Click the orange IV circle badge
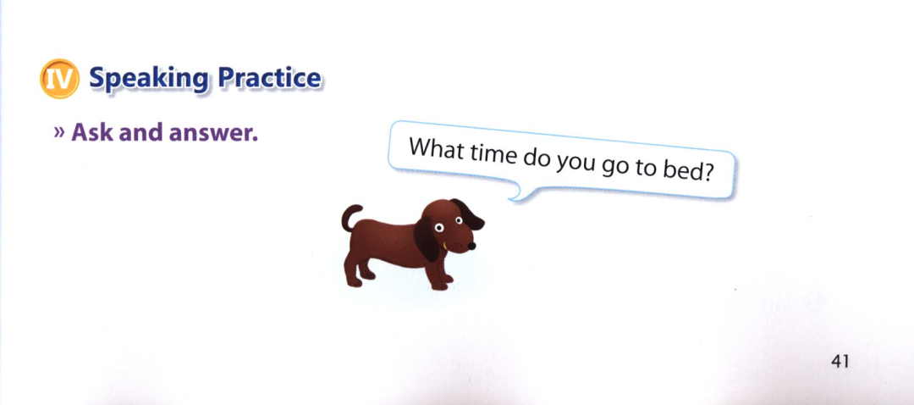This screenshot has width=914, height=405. [x=59, y=79]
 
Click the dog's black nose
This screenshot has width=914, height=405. [x=471, y=246]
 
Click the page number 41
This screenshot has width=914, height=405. [x=840, y=362]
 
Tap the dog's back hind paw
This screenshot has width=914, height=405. [x=353, y=281]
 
